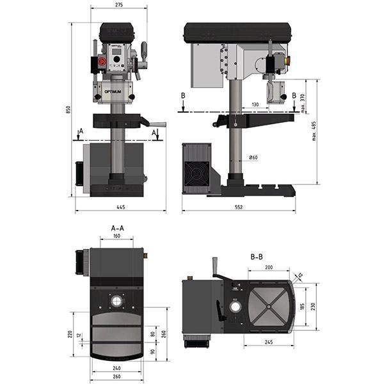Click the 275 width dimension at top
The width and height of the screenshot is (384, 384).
tap(120, 5)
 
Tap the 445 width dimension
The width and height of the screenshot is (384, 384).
tap(120, 207)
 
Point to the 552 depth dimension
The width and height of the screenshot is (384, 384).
tap(239, 207)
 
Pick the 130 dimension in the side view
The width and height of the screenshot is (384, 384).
tap(255, 104)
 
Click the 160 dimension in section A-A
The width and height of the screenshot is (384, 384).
tap(116, 236)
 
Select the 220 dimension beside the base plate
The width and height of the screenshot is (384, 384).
tap(68, 333)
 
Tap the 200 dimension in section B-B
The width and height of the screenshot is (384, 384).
tap(268, 266)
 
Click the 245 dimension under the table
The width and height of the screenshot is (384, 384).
tap(269, 342)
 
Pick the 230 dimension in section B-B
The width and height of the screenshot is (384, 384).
tap(314, 307)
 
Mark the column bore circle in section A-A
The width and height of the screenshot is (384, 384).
tap(117, 300)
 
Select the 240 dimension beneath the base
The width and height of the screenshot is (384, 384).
tap(116, 368)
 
